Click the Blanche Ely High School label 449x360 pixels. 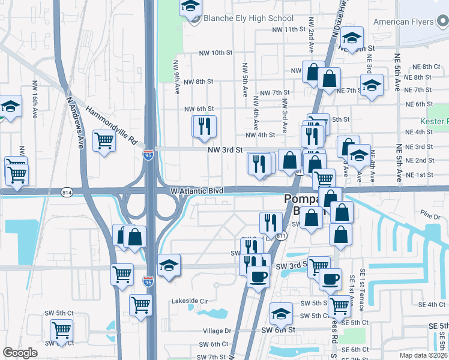(x=249, y=19)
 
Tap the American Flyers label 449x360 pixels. (x=403, y=22)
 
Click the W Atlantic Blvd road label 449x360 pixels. (x=197, y=191)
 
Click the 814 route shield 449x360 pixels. (x=67, y=192)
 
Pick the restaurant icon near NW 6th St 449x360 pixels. (x=203, y=126)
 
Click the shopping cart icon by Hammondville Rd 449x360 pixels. (x=104, y=141)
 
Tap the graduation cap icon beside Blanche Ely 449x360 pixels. (x=190, y=7)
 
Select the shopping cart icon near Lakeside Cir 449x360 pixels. (x=140, y=304)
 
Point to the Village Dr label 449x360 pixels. (x=217, y=331)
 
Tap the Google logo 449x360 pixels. (x=20, y=353)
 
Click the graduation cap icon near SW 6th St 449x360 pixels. (x=281, y=313)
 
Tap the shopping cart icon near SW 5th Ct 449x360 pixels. (x=61, y=329)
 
